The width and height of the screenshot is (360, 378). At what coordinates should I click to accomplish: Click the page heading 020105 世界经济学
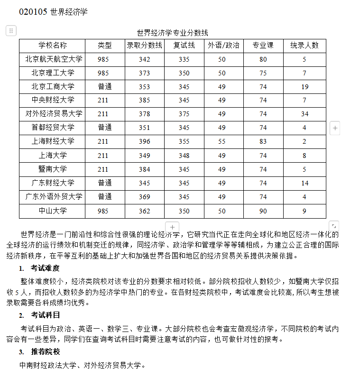pyautogui.click(x=53, y=12)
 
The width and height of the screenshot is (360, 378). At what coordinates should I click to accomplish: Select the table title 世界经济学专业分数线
pyautogui.click(x=172, y=33)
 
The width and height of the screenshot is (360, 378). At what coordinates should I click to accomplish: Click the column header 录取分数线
pyautogui.click(x=144, y=46)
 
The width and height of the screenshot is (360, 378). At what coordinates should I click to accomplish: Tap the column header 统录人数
pyautogui.click(x=304, y=46)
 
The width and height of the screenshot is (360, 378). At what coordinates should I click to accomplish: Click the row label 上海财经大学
pyautogui.click(x=53, y=141)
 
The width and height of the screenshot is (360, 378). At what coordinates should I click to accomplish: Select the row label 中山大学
pyautogui.click(x=53, y=211)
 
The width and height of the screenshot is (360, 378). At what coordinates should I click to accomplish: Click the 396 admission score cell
pyautogui.click(x=144, y=141)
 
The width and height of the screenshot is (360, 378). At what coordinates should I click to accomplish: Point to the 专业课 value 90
pyautogui.click(x=263, y=211)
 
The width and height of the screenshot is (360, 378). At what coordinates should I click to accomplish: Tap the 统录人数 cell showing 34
pyautogui.click(x=304, y=114)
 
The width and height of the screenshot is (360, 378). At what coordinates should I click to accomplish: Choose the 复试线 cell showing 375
pyautogui.click(x=184, y=114)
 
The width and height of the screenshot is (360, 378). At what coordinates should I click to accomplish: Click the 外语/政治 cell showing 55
pyautogui.click(x=222, y=141)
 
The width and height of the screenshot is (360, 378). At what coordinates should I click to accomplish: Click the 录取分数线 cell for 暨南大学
pyautogui.click(x=144, y=169)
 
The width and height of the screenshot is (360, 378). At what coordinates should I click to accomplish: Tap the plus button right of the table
pyautogui.click(x=335, y=128)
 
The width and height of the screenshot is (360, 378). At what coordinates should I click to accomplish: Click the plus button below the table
pyautogui.click(x=172, y=227)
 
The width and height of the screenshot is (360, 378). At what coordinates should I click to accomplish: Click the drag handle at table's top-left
pyautogui.click(x=11, y=31)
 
